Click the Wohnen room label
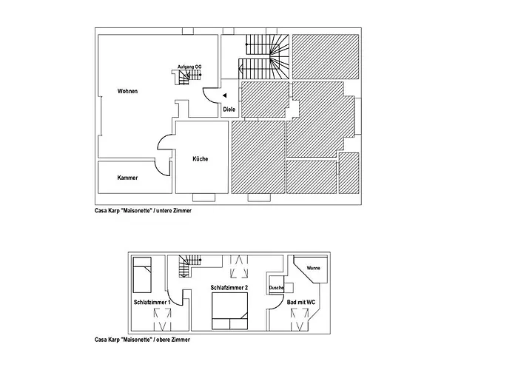127,91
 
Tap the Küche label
201,159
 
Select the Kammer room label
127,178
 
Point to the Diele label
229,110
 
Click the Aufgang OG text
189,67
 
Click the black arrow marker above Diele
225,95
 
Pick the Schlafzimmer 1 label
152,302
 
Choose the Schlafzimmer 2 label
229,288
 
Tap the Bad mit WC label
300,302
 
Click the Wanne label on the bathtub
313,268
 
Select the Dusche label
276,288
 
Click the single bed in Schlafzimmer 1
142,275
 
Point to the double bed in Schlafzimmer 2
229,312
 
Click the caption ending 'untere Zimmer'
143,210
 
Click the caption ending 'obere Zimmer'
142,339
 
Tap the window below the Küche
203,198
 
